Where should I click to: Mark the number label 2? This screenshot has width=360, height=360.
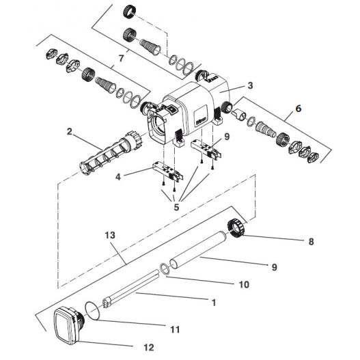(70, 130)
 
